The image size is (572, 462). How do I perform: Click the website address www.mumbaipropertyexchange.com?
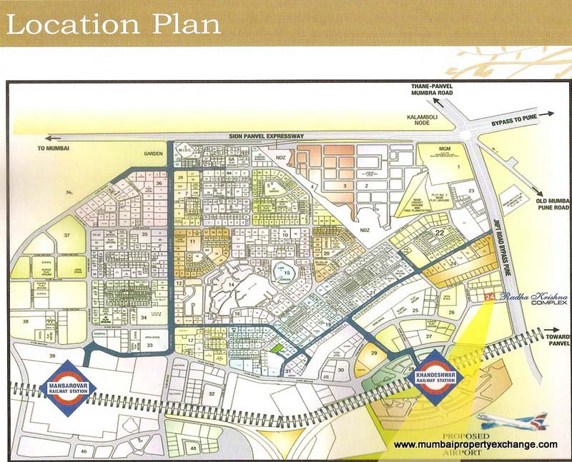[x=475, y=445]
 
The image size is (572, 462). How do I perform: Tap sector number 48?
[x=193, y=448]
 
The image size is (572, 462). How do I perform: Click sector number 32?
[x=211, y=393]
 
